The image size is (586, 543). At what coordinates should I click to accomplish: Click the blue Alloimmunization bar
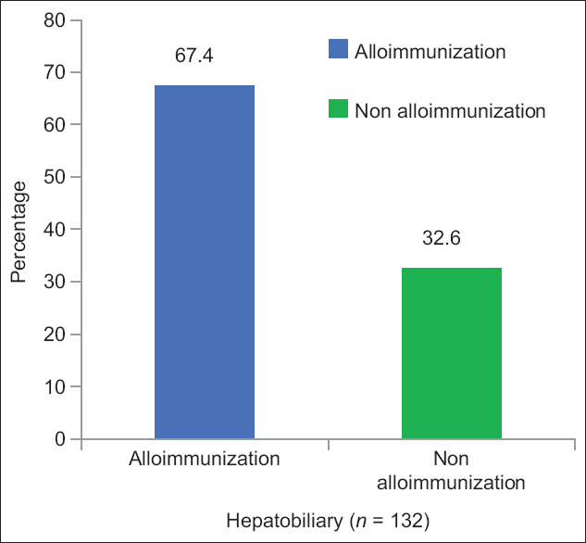coord(205,262)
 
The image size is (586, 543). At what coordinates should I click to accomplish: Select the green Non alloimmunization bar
coord(452,353)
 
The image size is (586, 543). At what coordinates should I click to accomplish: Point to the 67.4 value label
coord(194,56)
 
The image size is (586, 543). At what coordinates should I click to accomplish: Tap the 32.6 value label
coord(442,238)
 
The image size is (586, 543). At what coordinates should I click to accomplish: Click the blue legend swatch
coord(338,48)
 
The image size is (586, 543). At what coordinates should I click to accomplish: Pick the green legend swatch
coord(338,108)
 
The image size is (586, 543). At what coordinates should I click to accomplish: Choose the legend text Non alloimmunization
coord(450,111)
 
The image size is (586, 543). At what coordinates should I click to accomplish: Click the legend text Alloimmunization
coord(430,51)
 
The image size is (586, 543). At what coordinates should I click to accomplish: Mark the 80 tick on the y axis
coord(55,20)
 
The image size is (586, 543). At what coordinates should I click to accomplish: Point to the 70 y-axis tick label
coord(55,72)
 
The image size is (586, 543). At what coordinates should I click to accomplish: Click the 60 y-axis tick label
coord(55,124)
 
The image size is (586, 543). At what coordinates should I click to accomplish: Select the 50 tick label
coord(55,177)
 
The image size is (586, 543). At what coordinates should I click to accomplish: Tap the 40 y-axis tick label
coord(55,229)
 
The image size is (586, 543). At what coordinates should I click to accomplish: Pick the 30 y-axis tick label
coord(55,282)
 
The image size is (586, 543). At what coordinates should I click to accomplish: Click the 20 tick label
coord(55,334)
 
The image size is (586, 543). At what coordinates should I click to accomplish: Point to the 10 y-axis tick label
coord(55,386)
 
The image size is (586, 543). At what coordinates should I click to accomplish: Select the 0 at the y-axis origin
coord(60,438)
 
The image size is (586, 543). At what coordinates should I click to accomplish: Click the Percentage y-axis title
coord(19,232)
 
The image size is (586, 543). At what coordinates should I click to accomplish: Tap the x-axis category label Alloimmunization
coord(205,459)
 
